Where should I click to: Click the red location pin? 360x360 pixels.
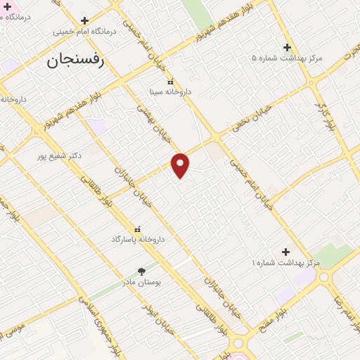pos(181,165)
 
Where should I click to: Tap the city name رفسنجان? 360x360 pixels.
pos(75,60)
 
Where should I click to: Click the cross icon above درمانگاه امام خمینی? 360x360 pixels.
pos(85,21)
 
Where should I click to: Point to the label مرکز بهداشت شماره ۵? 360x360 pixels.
pos(287,58)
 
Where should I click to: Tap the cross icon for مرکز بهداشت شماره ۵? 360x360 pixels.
pos(287,47)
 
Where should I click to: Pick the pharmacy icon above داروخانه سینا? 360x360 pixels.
pos(170,82)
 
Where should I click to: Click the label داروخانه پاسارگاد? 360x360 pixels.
pos(138,239)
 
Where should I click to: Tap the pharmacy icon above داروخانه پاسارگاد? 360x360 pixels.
pos(137,229)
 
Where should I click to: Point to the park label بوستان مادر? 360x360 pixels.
pos(142,281)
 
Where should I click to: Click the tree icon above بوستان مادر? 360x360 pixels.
pos(142,271)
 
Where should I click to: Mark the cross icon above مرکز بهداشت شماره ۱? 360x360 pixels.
pos(285,252)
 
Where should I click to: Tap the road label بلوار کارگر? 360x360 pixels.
pos(323,115)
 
